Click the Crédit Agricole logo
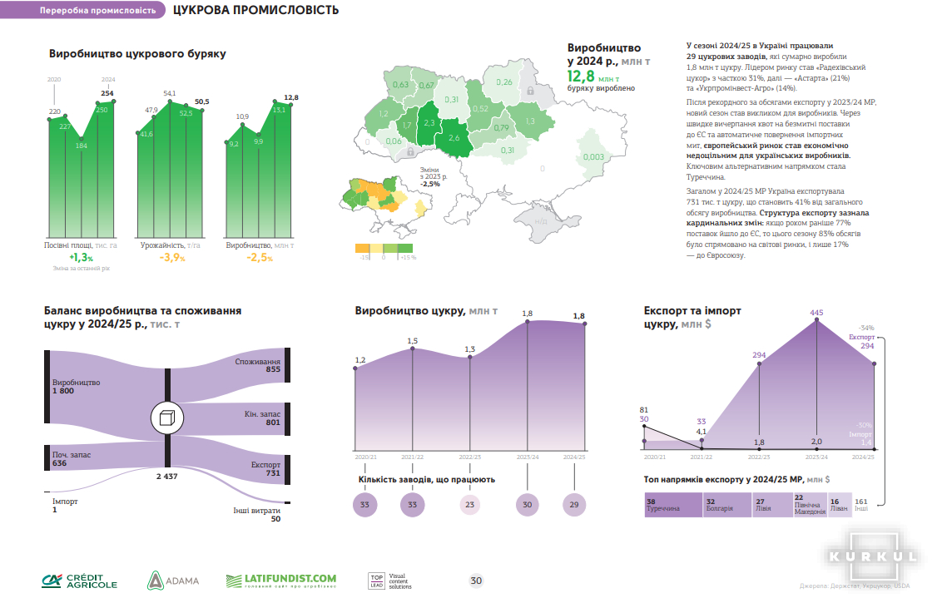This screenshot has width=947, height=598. [81, 581]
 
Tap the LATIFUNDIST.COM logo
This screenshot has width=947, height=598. [281, 580]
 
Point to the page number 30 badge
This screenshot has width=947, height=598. [476, 581]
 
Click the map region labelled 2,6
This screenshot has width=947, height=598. [454, 137]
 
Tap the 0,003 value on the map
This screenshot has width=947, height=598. [593, 156]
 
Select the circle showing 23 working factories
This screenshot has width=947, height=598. [470, 504]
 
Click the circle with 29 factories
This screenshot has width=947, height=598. [573, 504]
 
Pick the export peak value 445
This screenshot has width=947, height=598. [816, 313]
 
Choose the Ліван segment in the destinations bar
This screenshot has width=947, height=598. [839, 506]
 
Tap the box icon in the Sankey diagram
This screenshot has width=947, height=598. [167, 418]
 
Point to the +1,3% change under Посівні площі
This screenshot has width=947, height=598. [81, 258]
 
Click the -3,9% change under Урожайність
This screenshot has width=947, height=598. [172, 258]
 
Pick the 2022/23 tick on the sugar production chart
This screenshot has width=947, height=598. [470, 457]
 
